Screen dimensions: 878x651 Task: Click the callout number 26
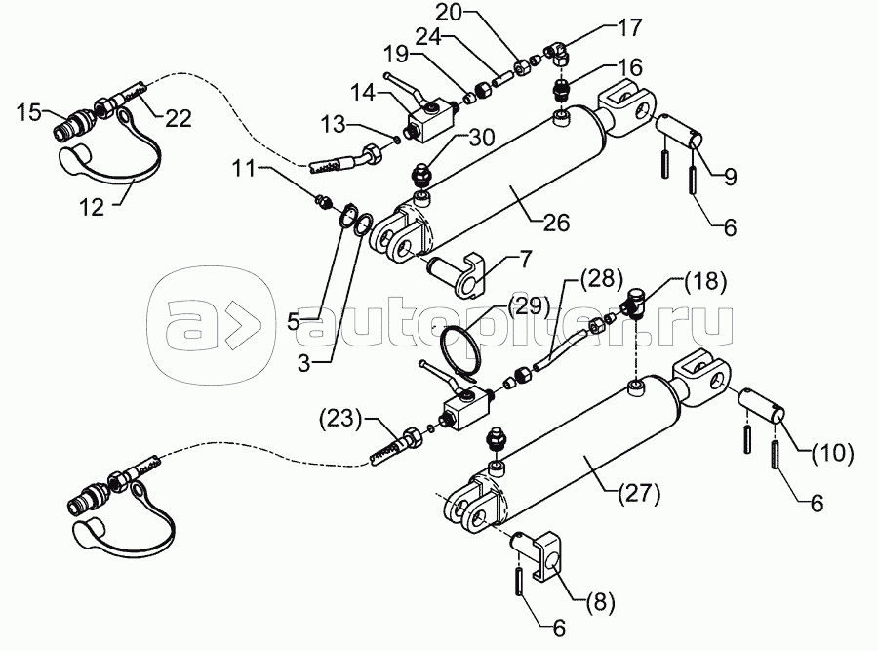click(x=556, y=223)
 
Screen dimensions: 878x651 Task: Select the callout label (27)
click(x=639, y=494)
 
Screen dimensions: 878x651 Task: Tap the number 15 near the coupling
click(x=28, y=112)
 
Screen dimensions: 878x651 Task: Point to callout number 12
click(x=92, y=207)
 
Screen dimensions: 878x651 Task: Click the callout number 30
click(x=482, y=137)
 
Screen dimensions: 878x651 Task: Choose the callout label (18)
click(x=705, y=282)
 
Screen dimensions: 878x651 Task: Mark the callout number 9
click(x=730, y=177)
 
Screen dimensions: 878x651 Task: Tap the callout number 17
click(x=629, y=27)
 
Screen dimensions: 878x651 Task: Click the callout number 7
click(x=526, y=259)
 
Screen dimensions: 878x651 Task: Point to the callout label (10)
click(x=833, y=453)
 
